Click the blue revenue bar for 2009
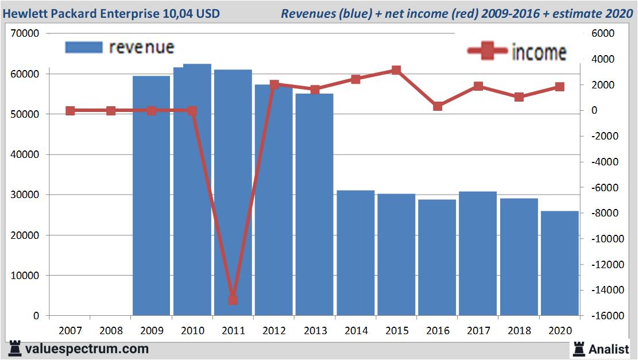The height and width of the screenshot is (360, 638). click(151, 195)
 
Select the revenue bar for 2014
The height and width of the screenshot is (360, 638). click(355, 253)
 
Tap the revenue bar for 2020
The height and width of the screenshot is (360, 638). click(559, 263)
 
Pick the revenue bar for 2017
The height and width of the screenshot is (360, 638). click(478, 253)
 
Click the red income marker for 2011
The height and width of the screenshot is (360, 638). click(233, 300)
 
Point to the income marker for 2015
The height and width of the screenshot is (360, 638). click(396, 70)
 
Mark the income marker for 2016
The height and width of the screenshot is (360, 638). click(438, 106)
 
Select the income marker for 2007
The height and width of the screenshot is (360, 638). click(70, 111)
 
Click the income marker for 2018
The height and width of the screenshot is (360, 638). click(519, 97)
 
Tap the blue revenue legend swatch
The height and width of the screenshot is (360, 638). click(84, 47)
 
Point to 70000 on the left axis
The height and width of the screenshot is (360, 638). click(25, 34)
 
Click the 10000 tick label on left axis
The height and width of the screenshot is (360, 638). click(25, 276)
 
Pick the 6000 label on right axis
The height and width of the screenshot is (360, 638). click(603, 34)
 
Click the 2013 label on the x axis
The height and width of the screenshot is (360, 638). click(315, 331)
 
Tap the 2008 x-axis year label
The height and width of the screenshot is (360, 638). click(111, 331)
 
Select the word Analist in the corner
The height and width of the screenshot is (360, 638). click(609, 349)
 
